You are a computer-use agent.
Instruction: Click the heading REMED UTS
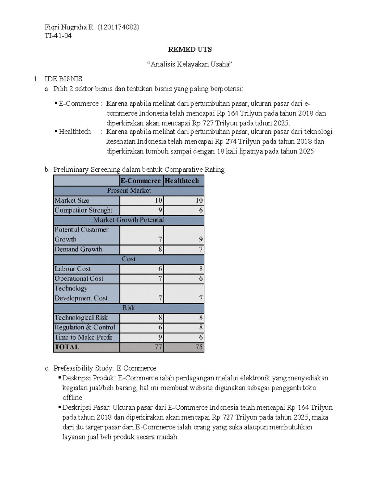[x=190, y=50]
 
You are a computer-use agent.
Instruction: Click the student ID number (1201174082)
[x=118, y=27]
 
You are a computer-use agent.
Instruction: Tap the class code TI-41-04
[x=58, y=36]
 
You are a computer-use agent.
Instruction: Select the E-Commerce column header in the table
[x=141, y=181]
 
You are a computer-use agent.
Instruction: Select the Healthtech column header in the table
[x=182, y=181]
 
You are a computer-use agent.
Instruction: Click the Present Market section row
[x=129, y=191]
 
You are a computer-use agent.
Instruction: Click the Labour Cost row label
[x=73, y=269]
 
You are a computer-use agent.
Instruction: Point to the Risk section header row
[x=129, y=308]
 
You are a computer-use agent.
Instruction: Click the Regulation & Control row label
[x=85, y=328]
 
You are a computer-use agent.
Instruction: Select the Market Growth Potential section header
[x=129, y=220]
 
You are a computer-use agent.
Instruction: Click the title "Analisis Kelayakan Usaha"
[x=190, y=64]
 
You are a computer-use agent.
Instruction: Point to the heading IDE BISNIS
[x=63, y=79]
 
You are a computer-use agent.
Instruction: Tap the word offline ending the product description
[x=73, y=398]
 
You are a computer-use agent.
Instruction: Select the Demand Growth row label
[x=79, y=249]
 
